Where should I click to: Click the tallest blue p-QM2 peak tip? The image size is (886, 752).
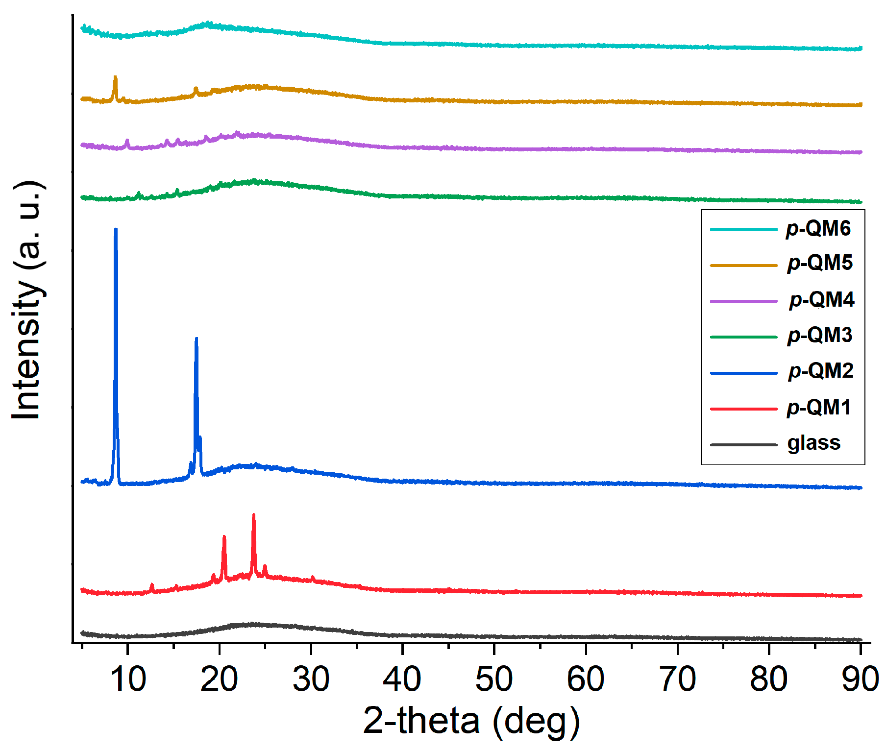coord(116,229)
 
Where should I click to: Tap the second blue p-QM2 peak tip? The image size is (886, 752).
coord(197,339)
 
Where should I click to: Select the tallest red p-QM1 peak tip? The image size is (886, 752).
coord(253,515)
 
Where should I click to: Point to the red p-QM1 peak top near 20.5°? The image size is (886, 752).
coord(224,537)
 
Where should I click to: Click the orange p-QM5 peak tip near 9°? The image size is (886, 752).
coord(115,77)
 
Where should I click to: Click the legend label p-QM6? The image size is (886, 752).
coord(818,229)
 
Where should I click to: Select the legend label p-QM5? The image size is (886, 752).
coord(820,263)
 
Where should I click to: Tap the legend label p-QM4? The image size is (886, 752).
coord(821,299)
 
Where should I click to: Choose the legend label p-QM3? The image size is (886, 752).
coord(820,335)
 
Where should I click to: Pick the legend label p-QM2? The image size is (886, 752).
coord(821,371)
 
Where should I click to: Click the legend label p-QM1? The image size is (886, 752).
coord(818,408)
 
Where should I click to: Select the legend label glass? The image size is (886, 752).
coord(814,443)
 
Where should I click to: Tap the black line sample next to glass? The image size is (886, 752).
coord(743,445)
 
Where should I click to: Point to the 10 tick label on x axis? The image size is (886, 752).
coord(128,679)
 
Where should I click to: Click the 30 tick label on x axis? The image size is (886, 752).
coord(311,679)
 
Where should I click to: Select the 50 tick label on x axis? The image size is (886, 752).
coord(494,679)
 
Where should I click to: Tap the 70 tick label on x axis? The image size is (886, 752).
coord(677,679)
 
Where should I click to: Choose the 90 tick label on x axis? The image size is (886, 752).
coord(860,679)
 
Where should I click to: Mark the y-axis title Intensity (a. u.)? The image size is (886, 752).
coord(28,300)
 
